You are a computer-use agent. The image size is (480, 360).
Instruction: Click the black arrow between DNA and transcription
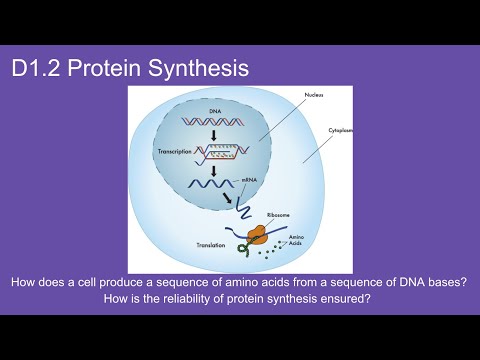tap(213, 137)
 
